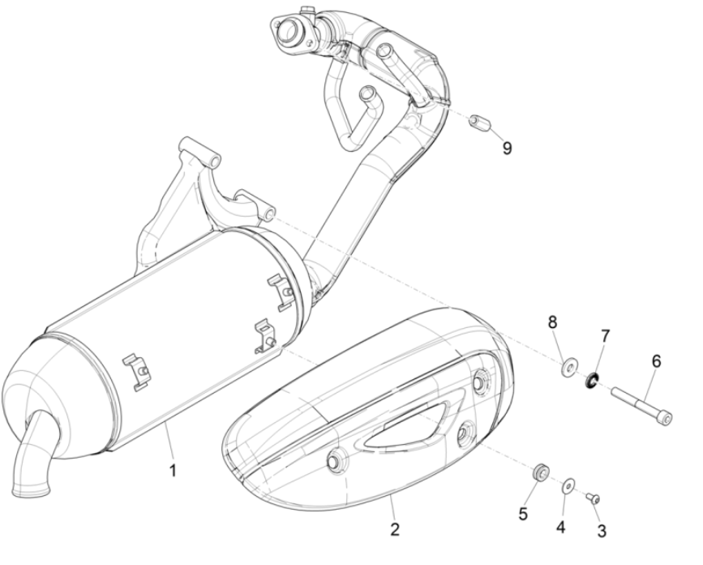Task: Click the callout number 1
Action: [173, 471]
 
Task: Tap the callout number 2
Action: [395, 529]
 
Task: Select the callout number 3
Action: [602, 532]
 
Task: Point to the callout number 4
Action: [560, 528]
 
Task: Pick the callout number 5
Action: [523, 515]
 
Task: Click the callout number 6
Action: [656, 360]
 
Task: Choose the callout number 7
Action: [605, 336]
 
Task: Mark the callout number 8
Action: [552, 322]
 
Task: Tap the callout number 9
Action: [507, 148]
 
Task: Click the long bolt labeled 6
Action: [641, 407]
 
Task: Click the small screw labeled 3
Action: [593, 498]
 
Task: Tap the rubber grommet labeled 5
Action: [541, 472]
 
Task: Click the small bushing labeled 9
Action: [478, 121]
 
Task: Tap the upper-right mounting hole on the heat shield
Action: [481, 382]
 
